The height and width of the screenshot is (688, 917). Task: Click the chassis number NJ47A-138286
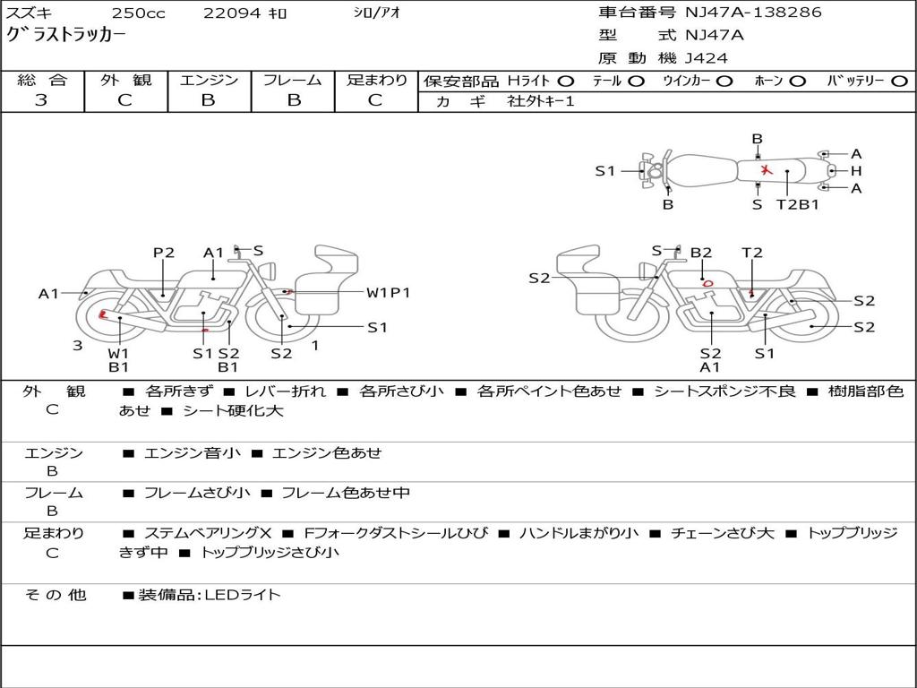tap(753, 13)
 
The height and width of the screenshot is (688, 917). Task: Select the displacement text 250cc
tap(139, 13)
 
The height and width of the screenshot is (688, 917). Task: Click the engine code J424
tap(707, 58)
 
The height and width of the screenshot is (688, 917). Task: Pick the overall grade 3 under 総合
tap(41, 99)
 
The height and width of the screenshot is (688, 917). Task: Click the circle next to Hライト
tap(566, 82)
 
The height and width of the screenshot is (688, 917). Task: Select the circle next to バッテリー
tap(900, 82)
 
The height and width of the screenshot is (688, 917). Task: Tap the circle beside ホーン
tap(798, 82)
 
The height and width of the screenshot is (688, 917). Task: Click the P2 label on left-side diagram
tap(164, 253)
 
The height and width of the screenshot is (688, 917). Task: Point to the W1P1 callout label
tap(389, 293)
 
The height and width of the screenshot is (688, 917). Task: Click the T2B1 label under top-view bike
tap(798, 205)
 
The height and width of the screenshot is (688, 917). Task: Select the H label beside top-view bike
tap(856, 171)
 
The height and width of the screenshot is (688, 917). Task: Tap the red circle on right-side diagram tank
tap(707, 284)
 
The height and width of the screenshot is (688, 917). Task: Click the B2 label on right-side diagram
tap(701, 253)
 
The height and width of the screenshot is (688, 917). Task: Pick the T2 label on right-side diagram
tap(752, 253)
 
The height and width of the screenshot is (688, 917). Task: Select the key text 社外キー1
tap(541, 101)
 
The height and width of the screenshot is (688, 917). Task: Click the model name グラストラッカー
tap(65, 35)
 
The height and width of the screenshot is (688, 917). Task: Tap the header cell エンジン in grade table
tap(209, 80)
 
